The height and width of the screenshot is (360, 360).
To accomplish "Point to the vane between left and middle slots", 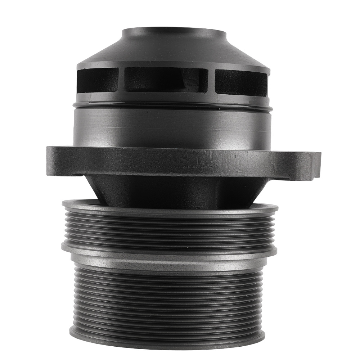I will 121,80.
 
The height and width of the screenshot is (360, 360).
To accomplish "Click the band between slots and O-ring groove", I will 173,96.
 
